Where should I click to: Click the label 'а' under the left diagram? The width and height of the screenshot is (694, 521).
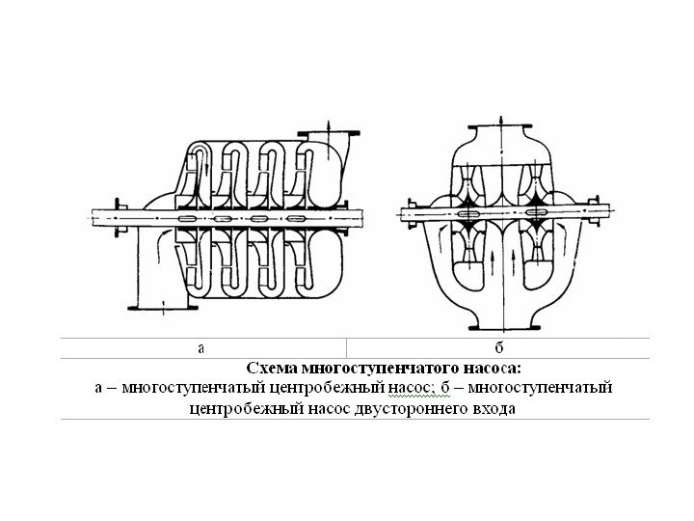[202, 348]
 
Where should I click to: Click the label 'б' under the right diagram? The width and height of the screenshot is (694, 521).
[499, 348]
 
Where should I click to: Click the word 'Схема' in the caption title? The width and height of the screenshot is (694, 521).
[273, 369]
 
